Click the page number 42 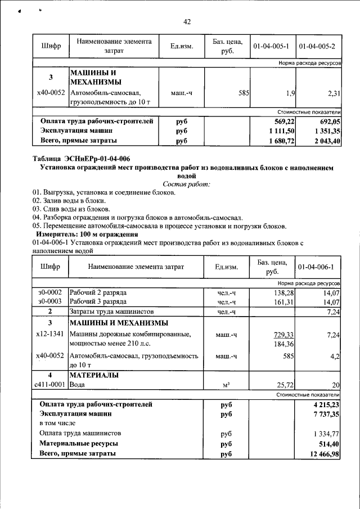(x=187, y=22)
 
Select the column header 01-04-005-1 (x=272, y=46)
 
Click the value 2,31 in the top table (x=332, y=92)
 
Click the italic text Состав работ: (x=186, y=184)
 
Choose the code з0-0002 (x=49, y=293)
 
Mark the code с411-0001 (x=49, y=385)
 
